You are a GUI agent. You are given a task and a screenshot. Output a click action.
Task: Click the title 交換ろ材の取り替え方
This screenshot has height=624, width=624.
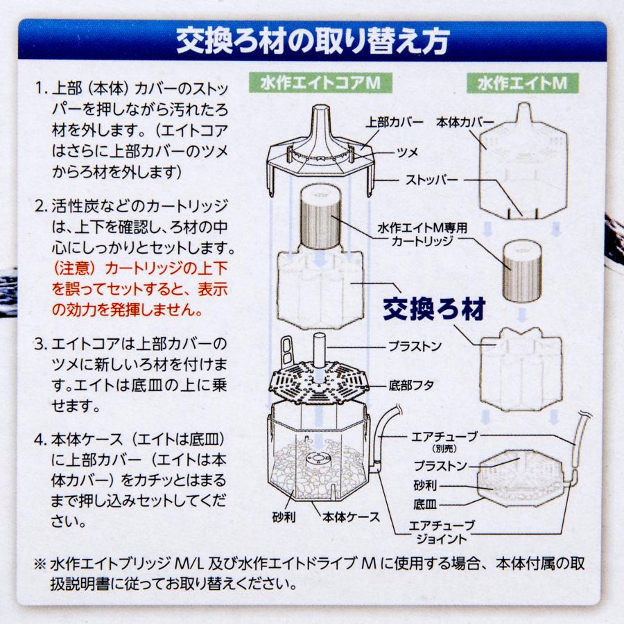pyautogui.click(x=311, y=41)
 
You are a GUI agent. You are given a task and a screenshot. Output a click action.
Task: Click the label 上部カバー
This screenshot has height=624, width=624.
pyautogui.click(x=395, y=122)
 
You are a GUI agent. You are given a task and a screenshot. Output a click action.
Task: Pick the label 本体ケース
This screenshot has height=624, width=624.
pyautogui.click(x=351, y=517)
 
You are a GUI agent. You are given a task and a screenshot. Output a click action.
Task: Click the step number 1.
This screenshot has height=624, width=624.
pyautogui.click(x=40, y=91)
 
